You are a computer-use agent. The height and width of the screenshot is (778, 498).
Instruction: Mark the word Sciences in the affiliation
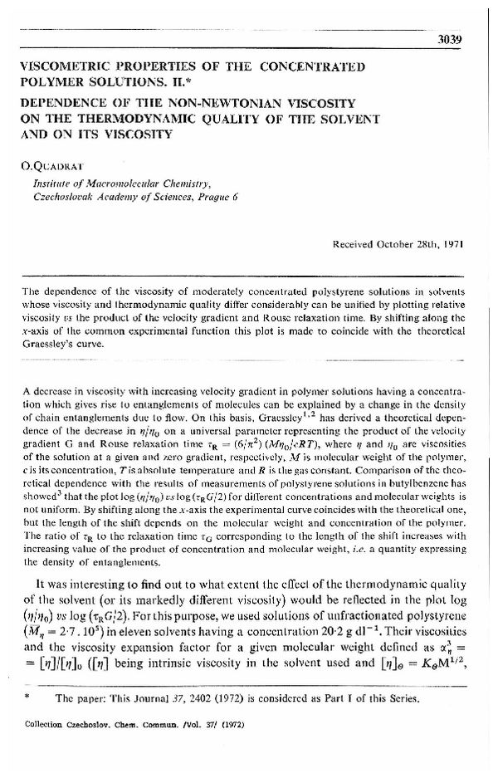[x=166, y=196]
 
